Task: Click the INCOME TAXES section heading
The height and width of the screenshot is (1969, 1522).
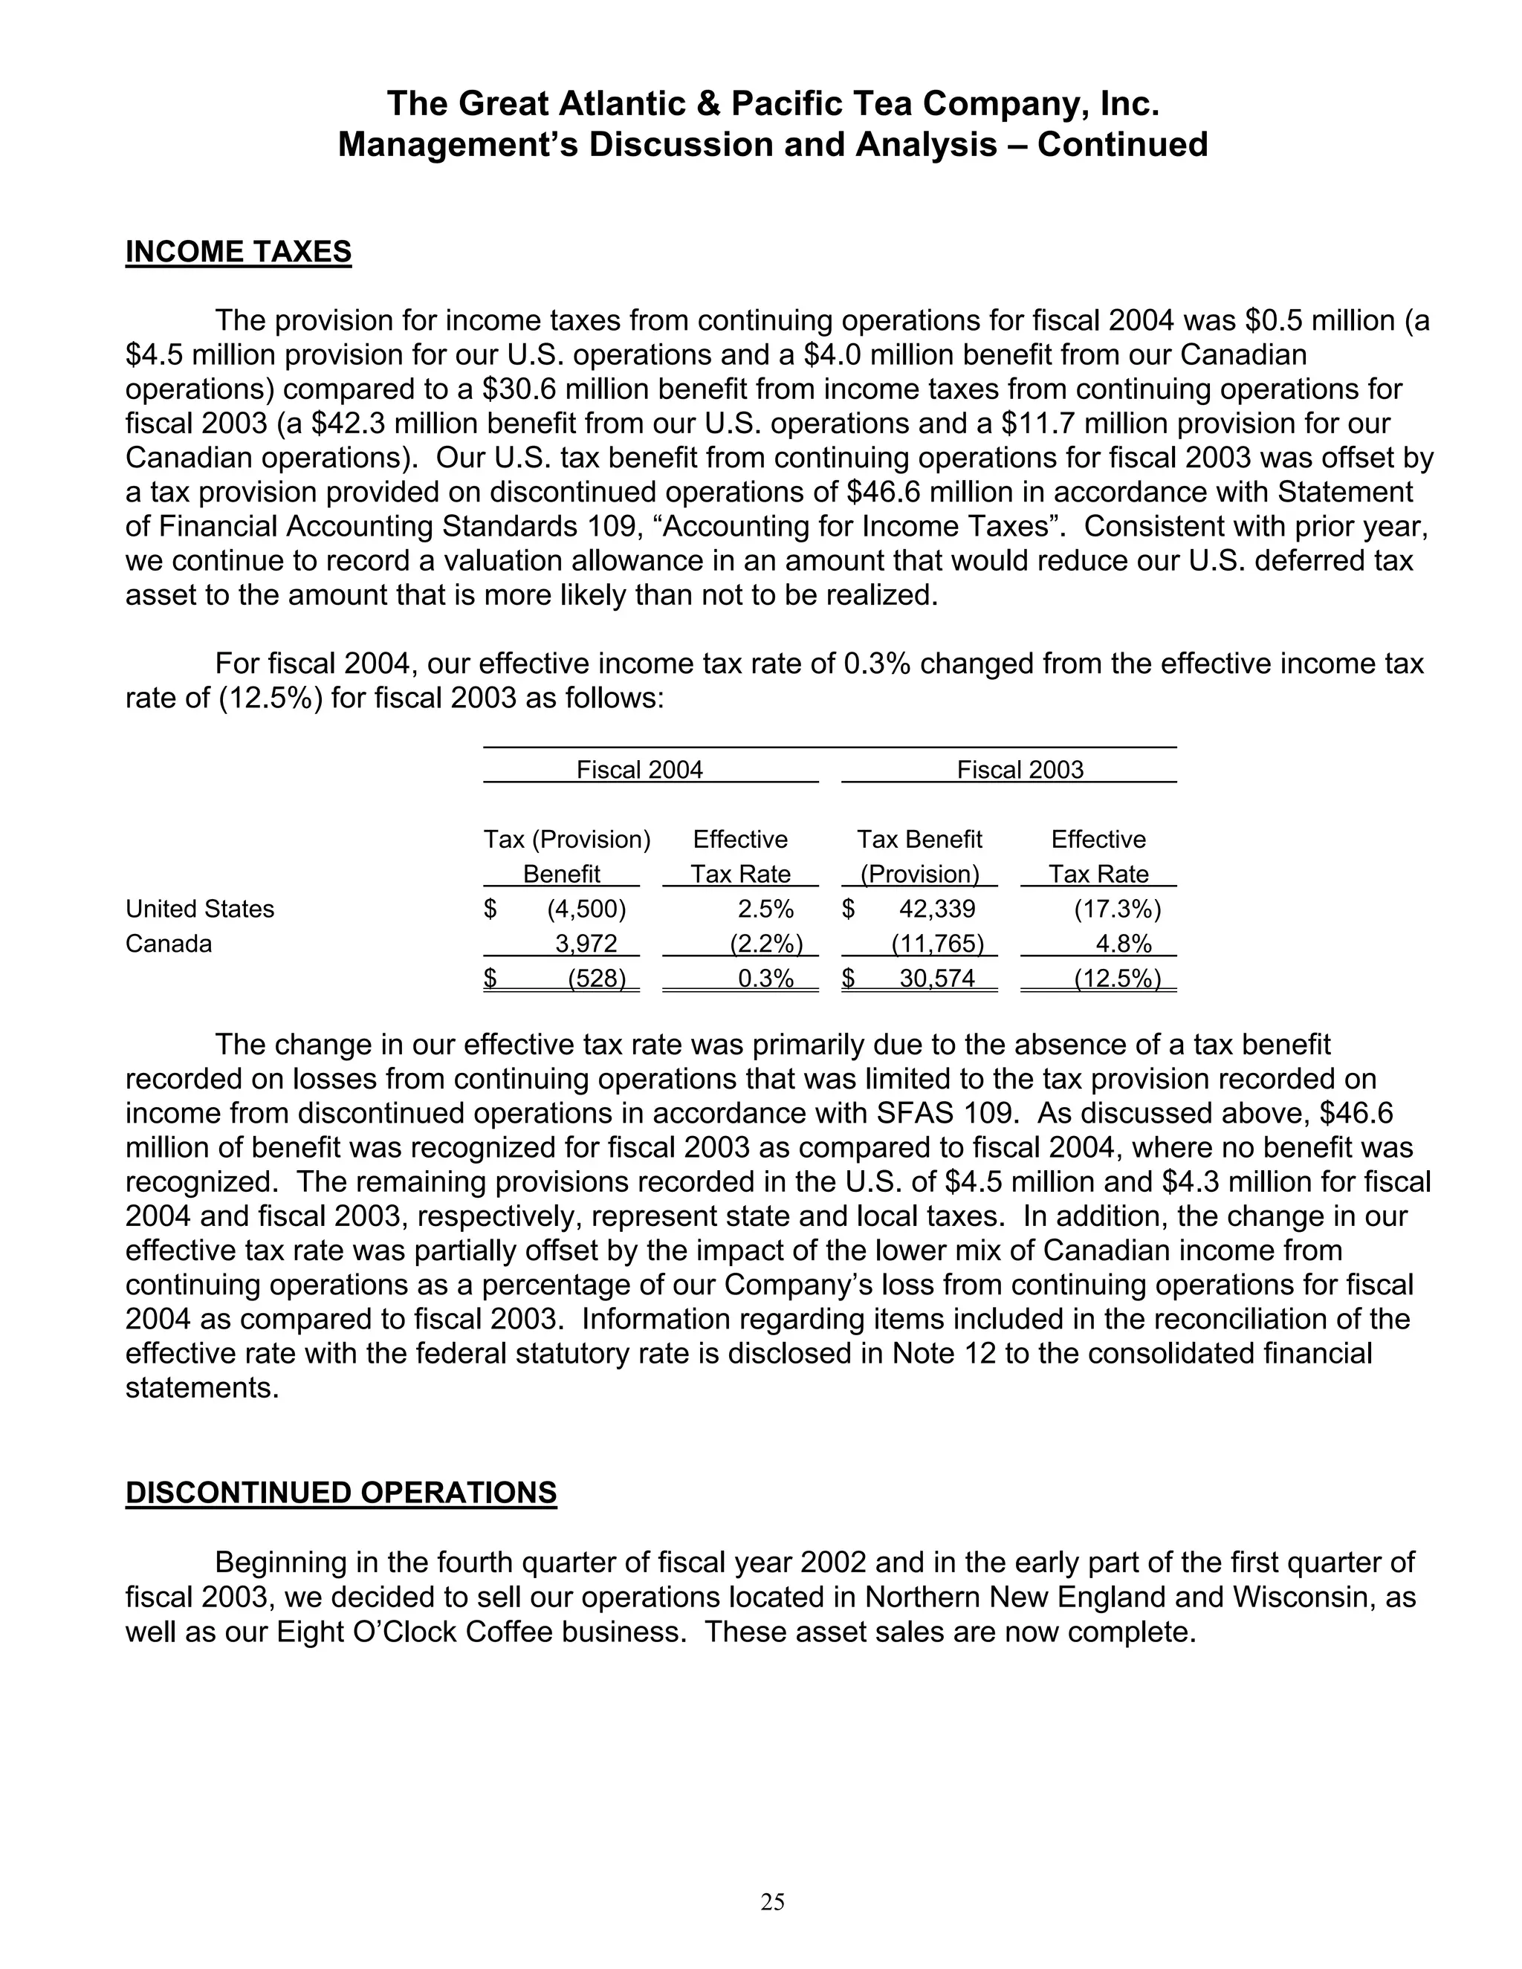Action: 238,252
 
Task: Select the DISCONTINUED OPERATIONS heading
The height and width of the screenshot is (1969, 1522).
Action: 341,1492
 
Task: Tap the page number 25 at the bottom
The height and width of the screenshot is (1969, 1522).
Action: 773,1901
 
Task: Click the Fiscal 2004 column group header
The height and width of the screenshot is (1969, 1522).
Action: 639,769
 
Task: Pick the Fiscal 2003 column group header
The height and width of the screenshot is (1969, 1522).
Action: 1020,769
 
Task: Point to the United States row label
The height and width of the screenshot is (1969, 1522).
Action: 199,909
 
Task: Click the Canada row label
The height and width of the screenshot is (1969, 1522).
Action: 169,944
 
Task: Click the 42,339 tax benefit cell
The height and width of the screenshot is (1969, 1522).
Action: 937,909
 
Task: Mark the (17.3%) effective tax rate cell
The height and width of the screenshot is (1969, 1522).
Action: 1116,909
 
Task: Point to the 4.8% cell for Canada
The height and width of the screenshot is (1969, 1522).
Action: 1123,944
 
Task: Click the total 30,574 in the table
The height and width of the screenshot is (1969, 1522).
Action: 937,979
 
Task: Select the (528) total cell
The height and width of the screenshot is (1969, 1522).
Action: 596,979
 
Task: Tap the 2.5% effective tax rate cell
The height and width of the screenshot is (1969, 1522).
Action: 765,909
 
